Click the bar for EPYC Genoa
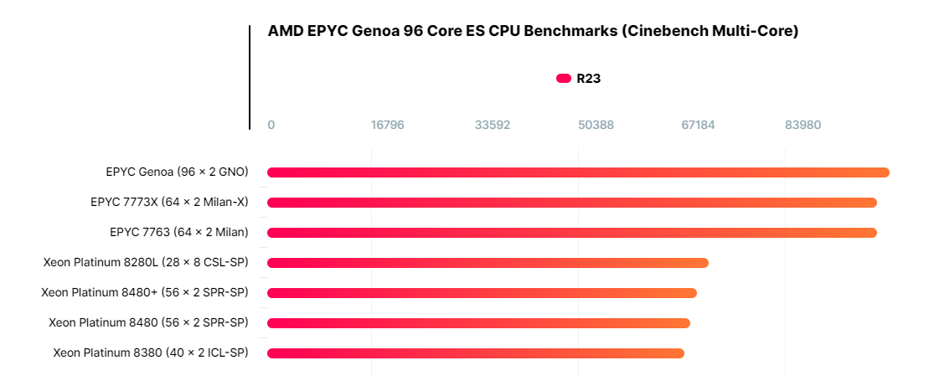(x=578, y=172)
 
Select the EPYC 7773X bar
(x=572, y=203)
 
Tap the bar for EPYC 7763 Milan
(x=572, y=233)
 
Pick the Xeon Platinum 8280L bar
(x=488, y=263)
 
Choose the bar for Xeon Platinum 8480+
(x=482, y=293)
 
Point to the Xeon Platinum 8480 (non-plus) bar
(x=478, y=323)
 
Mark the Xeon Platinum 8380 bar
(x=476, y=353)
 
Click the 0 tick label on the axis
(x=271, y=125)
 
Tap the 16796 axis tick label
(x=388, y=125)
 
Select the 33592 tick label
(x=493, y=125)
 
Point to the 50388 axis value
(x=596, y=125)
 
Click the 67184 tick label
(x=699, y=125)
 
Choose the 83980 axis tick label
(x=803, y=125)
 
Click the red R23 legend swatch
(x=564, y=79)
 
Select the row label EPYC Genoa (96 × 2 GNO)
(x=178, y=172)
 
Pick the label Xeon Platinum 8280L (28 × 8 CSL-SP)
(x=146, y=262)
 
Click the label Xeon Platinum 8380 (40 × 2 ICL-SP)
(x=151, y=353)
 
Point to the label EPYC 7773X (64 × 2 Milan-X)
(x=169, y=202)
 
